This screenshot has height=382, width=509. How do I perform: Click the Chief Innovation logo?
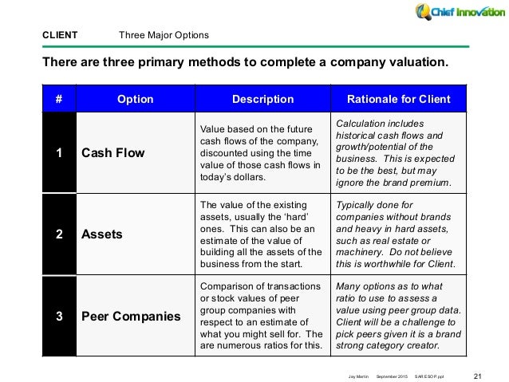pos(460,12)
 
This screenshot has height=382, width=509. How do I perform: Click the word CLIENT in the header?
pos(60,35)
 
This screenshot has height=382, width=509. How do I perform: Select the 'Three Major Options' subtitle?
pos(164,35)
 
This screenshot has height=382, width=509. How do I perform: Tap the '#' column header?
pos(59,99)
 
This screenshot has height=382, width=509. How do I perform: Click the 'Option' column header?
pos(136,99)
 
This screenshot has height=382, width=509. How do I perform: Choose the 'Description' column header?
pos(263,99)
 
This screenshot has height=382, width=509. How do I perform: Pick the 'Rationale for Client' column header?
pos(399,99)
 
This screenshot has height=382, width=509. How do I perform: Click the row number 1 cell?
pos(59,152)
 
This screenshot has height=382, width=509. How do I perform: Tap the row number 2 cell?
pos(59,234)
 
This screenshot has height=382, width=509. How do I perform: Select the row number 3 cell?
pos(59,316)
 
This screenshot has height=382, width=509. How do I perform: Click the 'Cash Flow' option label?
pos(113,152)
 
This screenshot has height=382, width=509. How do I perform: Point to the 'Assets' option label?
pos(102,234)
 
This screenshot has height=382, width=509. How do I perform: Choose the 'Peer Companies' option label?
pos(131,316)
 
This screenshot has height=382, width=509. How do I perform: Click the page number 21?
pos(478,376)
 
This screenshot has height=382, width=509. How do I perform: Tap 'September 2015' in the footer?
pos(392,376)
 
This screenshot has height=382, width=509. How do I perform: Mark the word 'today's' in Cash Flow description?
pos(215,177)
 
